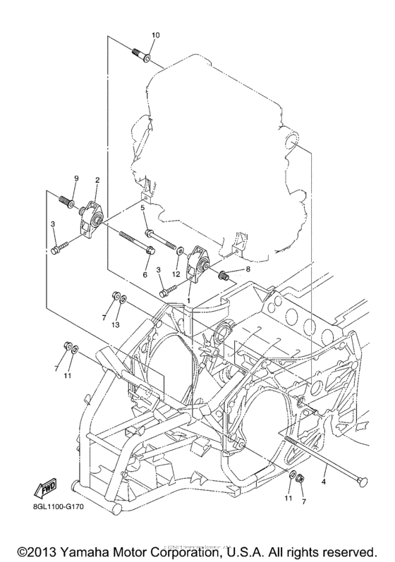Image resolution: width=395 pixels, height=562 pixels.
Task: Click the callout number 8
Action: click(248, 269)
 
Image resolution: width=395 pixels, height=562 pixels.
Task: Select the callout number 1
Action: click(188, 300)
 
